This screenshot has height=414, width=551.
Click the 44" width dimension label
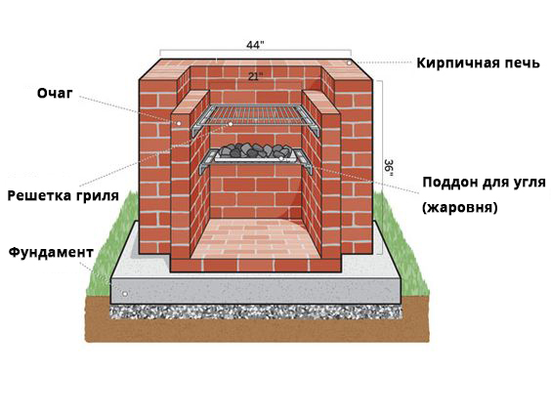(255, 45)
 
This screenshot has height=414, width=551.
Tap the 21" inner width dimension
(255, 76)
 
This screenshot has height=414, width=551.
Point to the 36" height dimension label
(389, 168)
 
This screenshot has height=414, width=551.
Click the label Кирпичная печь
(478, 63)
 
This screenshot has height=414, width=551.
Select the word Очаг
(55, 94)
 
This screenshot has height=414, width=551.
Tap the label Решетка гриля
(64, 195)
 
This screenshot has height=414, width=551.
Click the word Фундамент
(51, 252)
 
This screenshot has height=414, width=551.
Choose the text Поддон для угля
(485, 183)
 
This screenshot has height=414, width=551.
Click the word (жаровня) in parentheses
(460, 207)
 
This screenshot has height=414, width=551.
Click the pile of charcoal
(255, 150)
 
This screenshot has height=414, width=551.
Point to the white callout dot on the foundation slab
(124, 294)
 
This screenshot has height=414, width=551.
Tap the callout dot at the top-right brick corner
(350, 62)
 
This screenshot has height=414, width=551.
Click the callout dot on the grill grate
(231, 124)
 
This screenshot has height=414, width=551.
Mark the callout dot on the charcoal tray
(281, 158)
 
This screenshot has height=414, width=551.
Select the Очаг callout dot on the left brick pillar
(179, 123)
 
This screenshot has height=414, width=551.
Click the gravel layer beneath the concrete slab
(255, 311)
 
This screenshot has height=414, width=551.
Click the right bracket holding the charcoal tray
(304, 161)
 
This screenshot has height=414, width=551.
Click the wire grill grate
(255, 114)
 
